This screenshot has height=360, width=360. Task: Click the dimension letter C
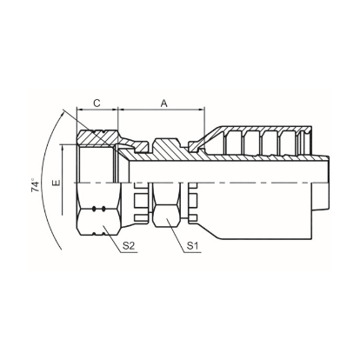97,103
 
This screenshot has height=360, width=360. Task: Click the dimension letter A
164,103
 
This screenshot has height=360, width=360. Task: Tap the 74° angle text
36,185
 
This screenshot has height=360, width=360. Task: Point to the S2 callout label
129,246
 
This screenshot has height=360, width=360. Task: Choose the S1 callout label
192,246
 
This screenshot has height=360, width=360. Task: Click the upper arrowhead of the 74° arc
62,114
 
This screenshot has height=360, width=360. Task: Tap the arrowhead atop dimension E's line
62,148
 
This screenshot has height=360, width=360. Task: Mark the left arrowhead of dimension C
80,110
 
